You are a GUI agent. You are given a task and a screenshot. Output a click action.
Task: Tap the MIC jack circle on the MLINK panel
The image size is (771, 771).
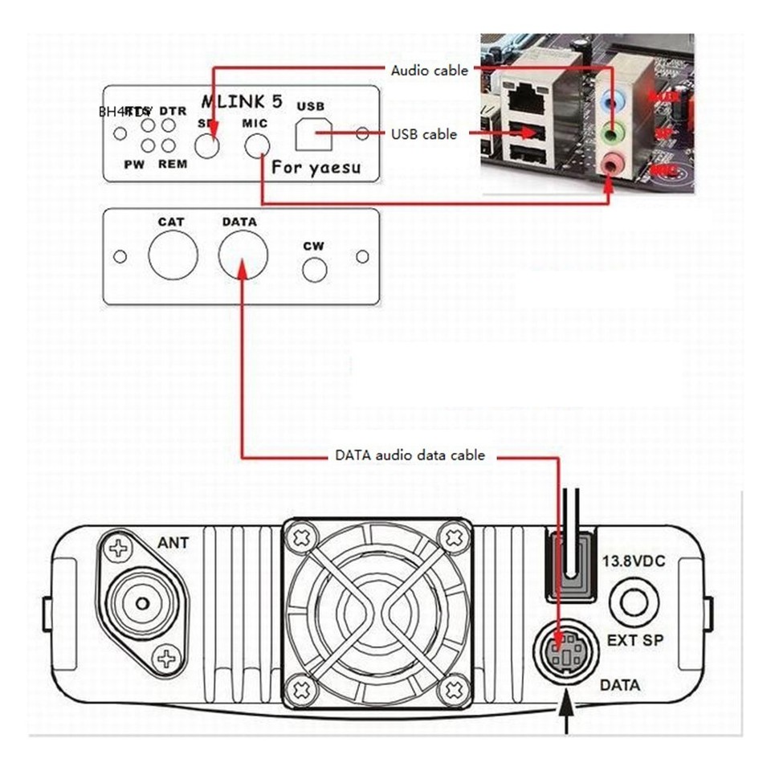257,145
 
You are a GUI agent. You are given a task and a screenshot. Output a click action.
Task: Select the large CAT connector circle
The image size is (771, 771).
173,255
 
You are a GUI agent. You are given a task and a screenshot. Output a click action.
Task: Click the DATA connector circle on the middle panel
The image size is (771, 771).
243,255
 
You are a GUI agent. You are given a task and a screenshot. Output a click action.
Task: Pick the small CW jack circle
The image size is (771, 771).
314,271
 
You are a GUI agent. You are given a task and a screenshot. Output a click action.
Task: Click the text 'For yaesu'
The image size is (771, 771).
315,167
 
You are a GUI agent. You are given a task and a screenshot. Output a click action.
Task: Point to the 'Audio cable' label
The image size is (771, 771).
429,71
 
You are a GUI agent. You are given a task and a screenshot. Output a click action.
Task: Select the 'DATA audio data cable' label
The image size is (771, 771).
410,455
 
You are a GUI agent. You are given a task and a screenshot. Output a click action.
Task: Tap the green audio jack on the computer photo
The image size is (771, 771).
614,131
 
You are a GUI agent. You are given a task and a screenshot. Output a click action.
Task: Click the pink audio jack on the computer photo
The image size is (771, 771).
615,163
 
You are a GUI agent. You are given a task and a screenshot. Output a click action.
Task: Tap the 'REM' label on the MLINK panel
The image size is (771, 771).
173,164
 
